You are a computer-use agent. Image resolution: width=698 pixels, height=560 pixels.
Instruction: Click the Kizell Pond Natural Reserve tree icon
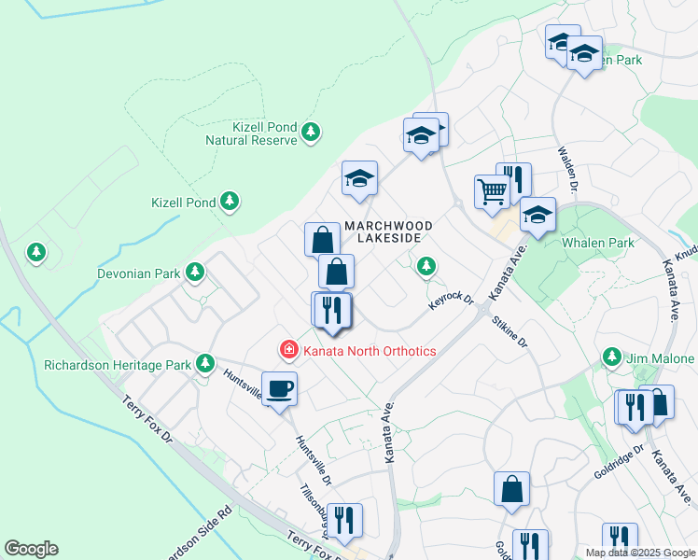click(x=312, y=133)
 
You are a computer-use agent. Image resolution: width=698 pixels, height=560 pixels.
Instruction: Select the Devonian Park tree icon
click(x=194, y=273)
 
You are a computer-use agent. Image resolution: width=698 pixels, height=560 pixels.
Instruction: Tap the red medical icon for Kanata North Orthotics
click(x=289, y=350)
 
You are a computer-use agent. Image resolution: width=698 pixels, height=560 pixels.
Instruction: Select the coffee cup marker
click(x=279, y=388)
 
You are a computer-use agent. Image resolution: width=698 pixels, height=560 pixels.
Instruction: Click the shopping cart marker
click(x=491, y=192)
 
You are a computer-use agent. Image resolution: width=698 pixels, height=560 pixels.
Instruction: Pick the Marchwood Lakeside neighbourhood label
click(x=388, y=232)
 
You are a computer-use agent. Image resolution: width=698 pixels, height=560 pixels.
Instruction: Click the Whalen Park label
click(x=597, y=244)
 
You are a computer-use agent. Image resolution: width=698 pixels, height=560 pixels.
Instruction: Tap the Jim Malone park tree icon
click(x=612, y=357)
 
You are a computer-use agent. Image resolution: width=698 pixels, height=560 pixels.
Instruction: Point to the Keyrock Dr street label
click(x=453, y=303)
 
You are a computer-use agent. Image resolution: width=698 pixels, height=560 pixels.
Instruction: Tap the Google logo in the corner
click(x=31, y=549)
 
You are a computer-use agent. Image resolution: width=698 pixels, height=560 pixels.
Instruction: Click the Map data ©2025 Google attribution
click(x=640, y=553)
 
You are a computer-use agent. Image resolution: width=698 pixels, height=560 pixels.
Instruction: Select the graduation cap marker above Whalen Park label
click(x=537, y=215)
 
